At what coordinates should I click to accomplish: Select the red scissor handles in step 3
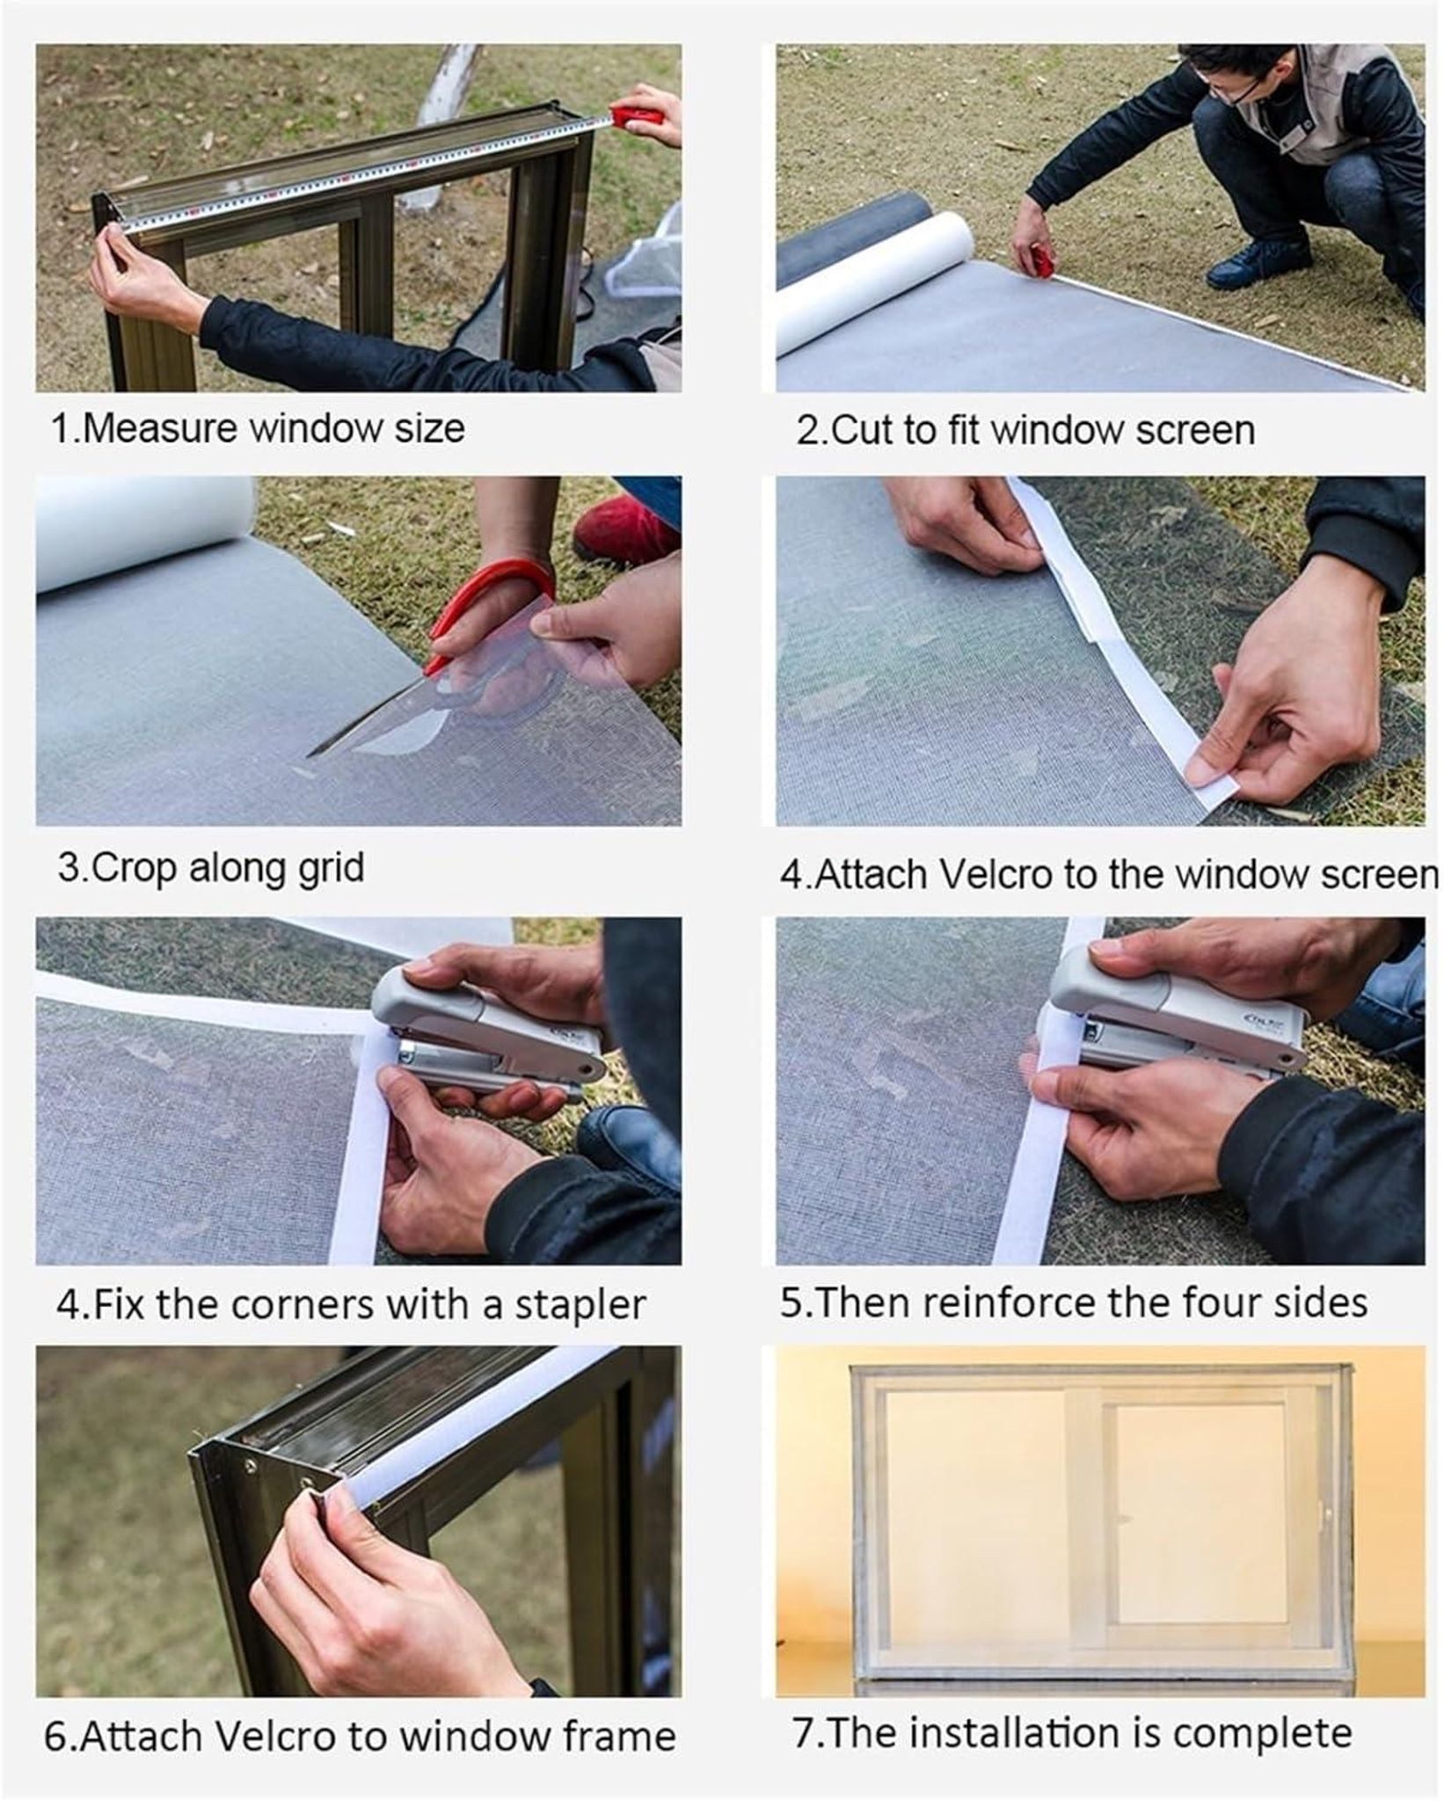click(492, 607)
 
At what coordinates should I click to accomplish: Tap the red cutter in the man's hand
click(1044, 261)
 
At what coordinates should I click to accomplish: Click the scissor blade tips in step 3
click(310, 755)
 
